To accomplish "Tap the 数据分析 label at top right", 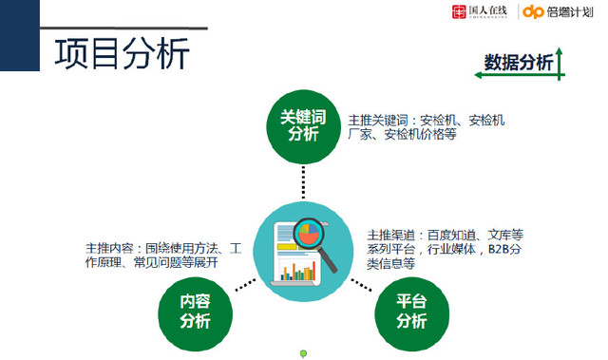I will pos(518,63).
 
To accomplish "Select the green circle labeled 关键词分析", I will pos(303,125).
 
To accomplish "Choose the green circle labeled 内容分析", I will pos(195,311).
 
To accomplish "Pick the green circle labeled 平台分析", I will pos(410,311).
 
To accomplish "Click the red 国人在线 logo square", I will pos(460,12).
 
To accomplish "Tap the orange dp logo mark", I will pos(534,12).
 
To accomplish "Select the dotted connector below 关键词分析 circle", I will pos(303,181).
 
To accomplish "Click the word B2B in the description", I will pos(500,249).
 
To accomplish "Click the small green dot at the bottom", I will pos(303,354).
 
